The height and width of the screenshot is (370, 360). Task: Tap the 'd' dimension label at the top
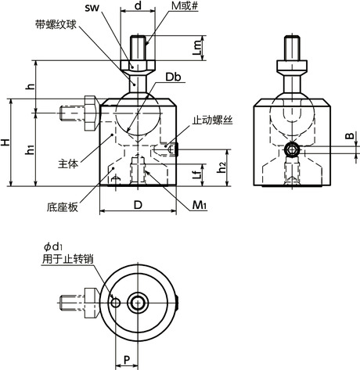pos(138,6)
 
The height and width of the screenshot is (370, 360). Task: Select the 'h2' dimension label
pos(222,167)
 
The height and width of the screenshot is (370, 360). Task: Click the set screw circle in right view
pos(291,149)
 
